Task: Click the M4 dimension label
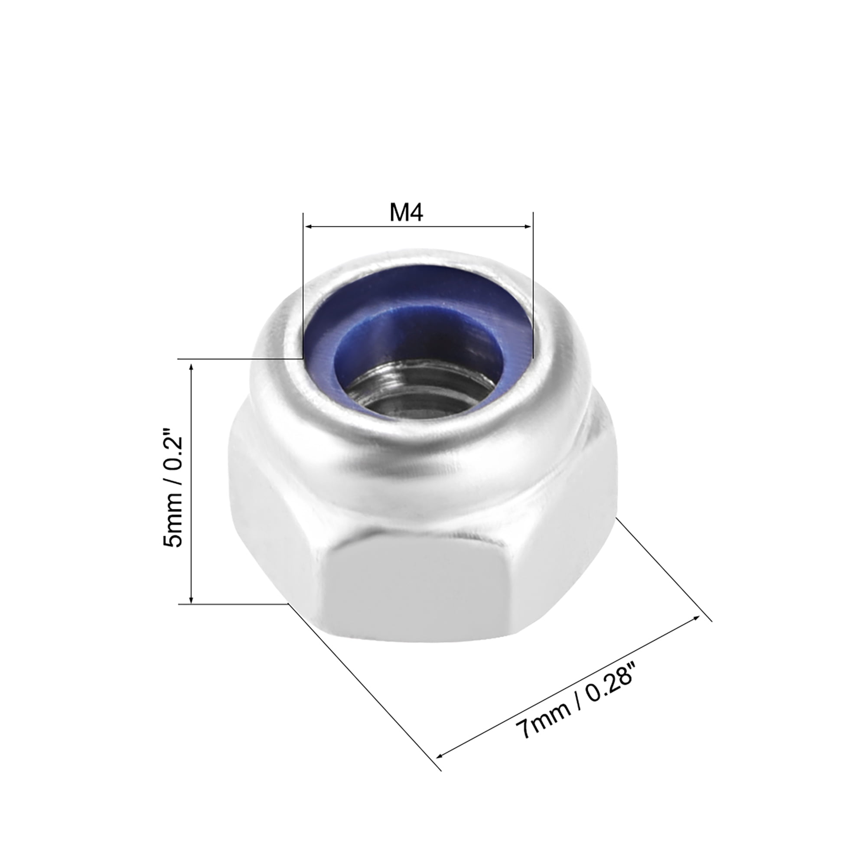[x=406, y=213]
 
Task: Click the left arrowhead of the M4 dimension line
[x=309, y=227]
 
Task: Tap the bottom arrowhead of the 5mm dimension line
[x=192, y=600]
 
